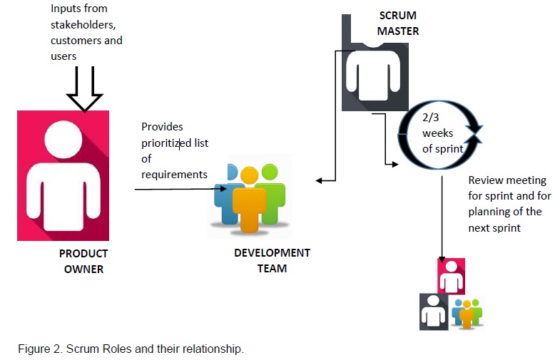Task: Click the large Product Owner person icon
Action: pyautogui.click(x=63, y=175)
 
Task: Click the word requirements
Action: pyautogui.click(x=174, y=174)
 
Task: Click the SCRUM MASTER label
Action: pyautogui.click(x=398, y=24)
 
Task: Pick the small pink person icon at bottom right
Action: pyautogui.click(x=451, y=277)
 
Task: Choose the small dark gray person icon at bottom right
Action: pyautogui.click(x=433, y=312)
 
